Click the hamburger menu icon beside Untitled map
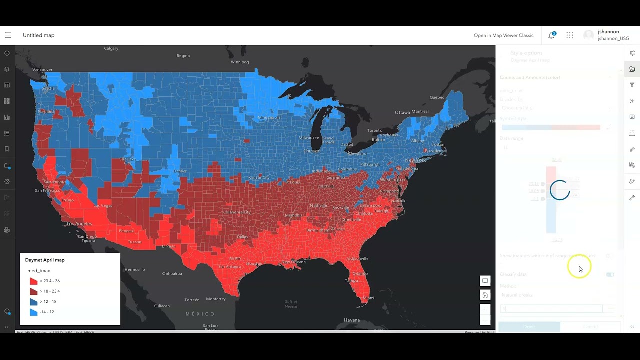[8, 35]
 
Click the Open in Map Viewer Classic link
[503, 35]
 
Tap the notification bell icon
[551, 35]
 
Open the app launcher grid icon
[570, 35]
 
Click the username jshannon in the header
[608, 32]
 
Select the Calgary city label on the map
[111, 48]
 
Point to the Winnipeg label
[240, 62]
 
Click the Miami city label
[368, 298]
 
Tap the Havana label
[352, 320]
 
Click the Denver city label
[179, 171]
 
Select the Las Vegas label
[103, 205]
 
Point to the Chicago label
[312, 151]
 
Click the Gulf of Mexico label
[291, 304]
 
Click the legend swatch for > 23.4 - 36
[33, 281]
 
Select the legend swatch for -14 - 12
[33, 312]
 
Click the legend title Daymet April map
[45, 260]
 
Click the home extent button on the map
[485, 295]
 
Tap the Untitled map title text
[39, 35]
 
